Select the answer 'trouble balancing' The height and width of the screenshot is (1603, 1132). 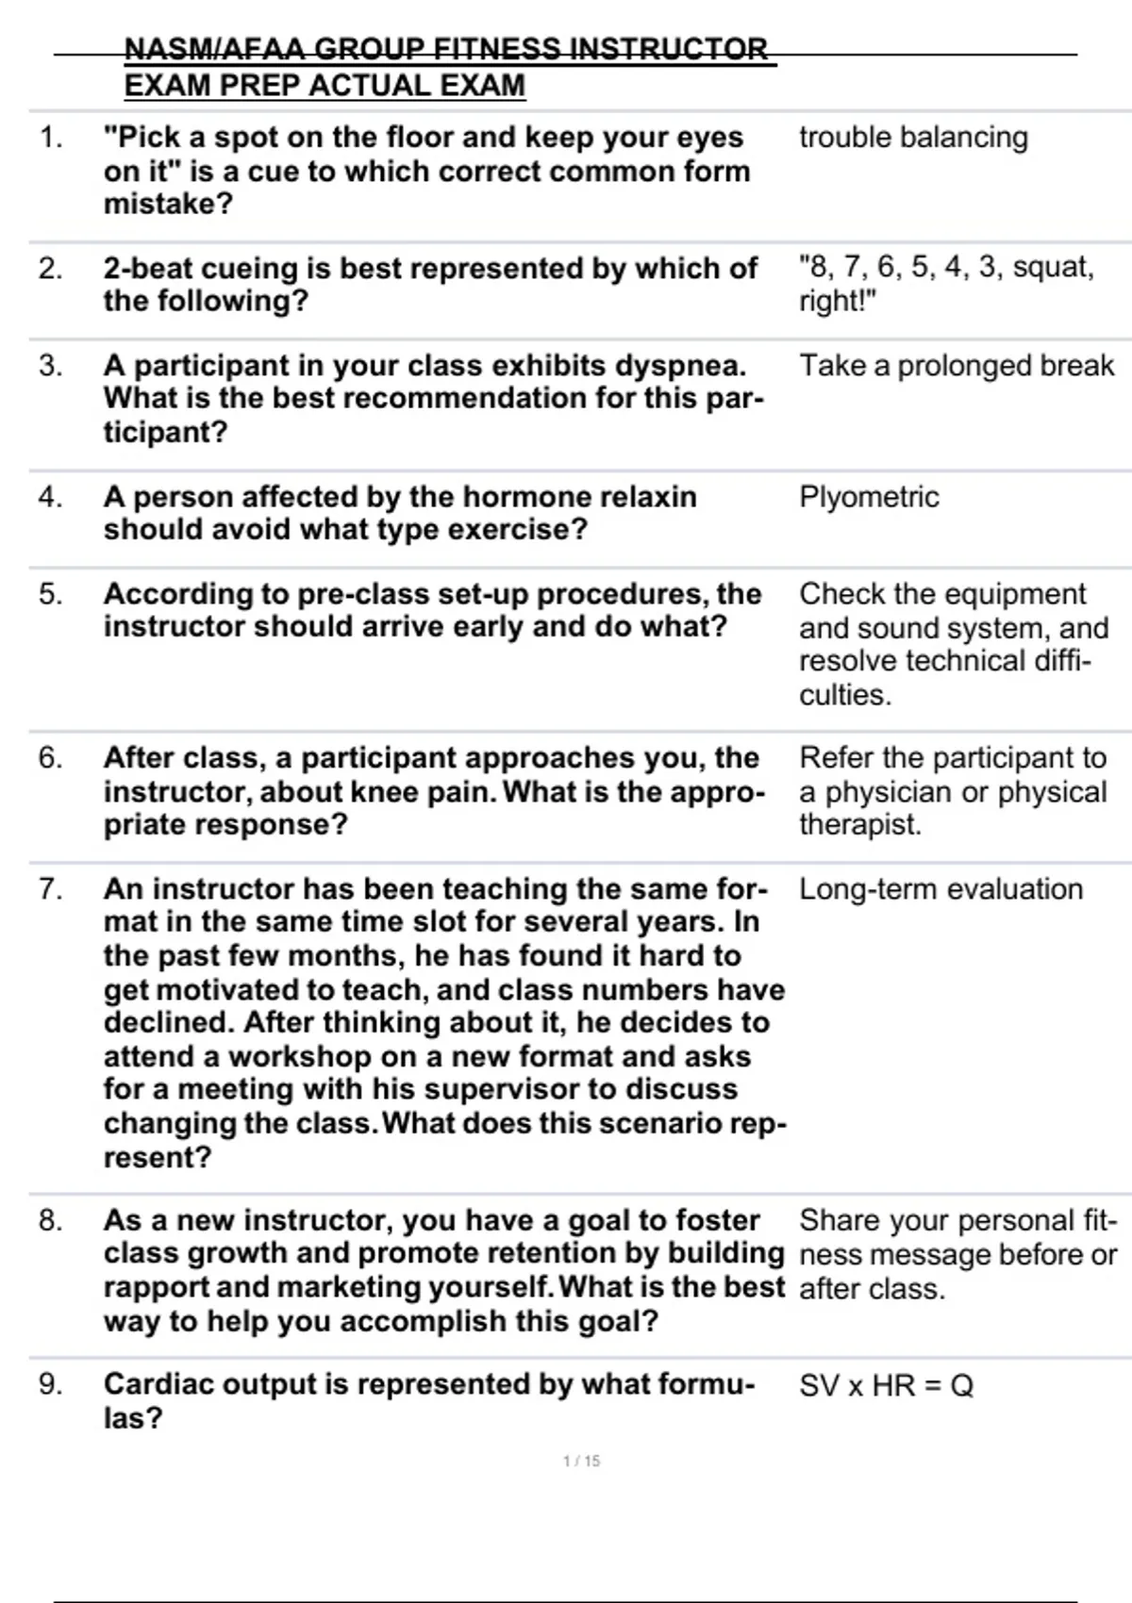click(x=913, y=138)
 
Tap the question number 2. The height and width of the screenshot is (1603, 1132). click(x=50, y=269)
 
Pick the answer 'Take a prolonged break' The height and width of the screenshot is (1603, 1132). click(x=957, y=366)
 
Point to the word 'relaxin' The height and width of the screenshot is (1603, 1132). click(x=648, y=497)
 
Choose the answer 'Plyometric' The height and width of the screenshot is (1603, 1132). click(x=869, y=497)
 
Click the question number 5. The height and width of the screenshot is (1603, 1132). click(x=50, y=594)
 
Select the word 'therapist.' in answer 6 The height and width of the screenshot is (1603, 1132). click(x=859, y=825)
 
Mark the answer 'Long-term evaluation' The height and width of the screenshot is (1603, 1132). click(x=941, y=889)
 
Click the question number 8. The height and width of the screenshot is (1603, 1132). click(x=50, y=1220)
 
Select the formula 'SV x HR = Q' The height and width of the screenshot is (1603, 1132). click(x=886, y=1385)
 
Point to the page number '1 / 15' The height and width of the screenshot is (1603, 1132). click(x=581, y=1461)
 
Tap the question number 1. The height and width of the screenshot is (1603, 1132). click(x=50, y=138)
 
